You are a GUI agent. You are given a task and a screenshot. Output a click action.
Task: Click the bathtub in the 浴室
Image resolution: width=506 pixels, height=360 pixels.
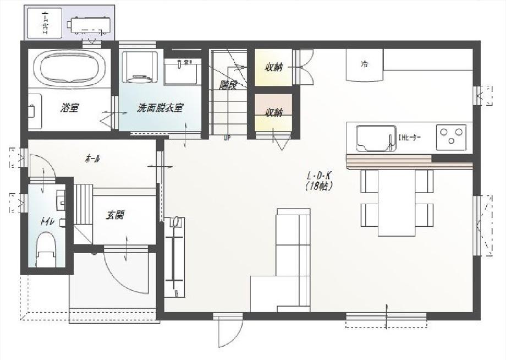point(69,68)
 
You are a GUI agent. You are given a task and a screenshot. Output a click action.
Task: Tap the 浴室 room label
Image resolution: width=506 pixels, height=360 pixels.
point(69,108)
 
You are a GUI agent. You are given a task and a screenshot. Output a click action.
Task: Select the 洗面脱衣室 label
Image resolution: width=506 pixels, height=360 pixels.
point(159,108)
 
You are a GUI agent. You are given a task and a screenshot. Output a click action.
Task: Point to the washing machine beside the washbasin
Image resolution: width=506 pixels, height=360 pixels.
point(139,67)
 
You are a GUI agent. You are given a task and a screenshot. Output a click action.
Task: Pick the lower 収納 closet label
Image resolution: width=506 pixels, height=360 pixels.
point(273,112)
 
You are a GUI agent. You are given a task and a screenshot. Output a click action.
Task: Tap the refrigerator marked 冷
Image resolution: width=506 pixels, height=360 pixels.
point(364,64)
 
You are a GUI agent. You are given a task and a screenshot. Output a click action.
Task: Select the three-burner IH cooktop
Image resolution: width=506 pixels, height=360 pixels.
point(451,137)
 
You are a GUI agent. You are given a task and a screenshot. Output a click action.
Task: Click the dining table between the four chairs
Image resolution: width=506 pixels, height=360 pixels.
point(397,203)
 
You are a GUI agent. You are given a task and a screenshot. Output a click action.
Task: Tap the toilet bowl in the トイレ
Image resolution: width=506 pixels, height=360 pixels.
point(46,248)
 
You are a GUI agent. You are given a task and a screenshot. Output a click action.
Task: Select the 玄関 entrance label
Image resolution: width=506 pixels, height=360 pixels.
point(115,215)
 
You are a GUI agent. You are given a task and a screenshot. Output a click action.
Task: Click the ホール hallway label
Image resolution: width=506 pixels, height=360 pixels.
point(92,159)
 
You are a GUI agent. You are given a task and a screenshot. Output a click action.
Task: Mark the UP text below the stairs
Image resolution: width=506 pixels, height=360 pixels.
point(227,138)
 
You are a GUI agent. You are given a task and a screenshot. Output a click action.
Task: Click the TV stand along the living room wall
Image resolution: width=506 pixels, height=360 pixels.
point(175,257)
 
